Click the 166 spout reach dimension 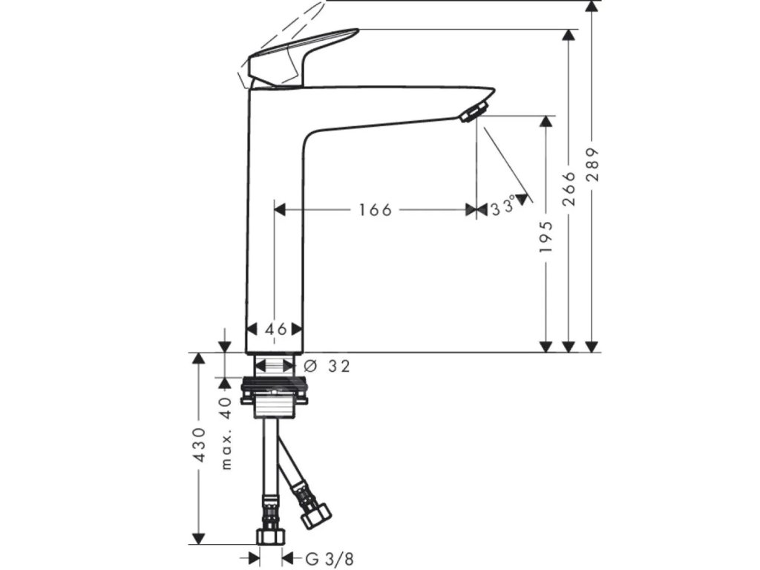pos(375,210)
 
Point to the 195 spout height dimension pos(546,236)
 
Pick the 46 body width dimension pos(275,329)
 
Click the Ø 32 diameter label pos(327,365)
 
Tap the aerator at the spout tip pos(471,113)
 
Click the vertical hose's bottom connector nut pos(268,535)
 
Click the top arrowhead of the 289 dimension pos(592,7)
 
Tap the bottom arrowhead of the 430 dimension pos(198,537)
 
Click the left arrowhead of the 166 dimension pos(280,210)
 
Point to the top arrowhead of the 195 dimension pos(546,121)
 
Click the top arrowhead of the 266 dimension pos(569,36)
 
